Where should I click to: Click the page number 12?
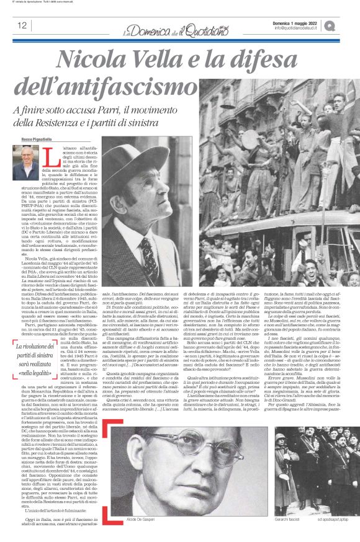click(22, 25)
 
